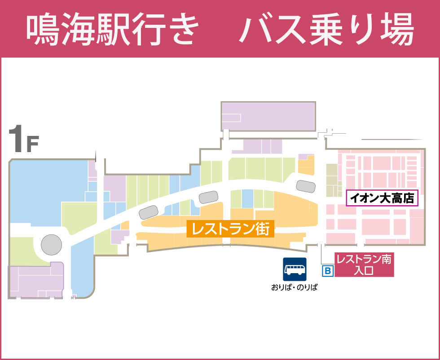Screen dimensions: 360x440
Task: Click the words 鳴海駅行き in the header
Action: coord(112,30)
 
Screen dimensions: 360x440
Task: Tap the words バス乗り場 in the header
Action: coord(326,30)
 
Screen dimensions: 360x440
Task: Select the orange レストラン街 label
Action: coord(230,229)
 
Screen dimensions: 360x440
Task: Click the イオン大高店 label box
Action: coord(383,198)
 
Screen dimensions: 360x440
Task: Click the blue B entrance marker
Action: coord(328,271)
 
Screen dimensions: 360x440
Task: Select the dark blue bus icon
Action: coord(295,269)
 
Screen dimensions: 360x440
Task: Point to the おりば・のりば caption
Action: coord(294,287)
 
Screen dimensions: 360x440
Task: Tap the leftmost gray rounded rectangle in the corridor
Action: coord(149,211)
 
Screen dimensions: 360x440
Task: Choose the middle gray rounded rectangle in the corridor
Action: coord(209,197)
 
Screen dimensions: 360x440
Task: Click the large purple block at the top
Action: coord(268,116)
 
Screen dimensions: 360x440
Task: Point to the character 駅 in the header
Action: coord(113,30)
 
